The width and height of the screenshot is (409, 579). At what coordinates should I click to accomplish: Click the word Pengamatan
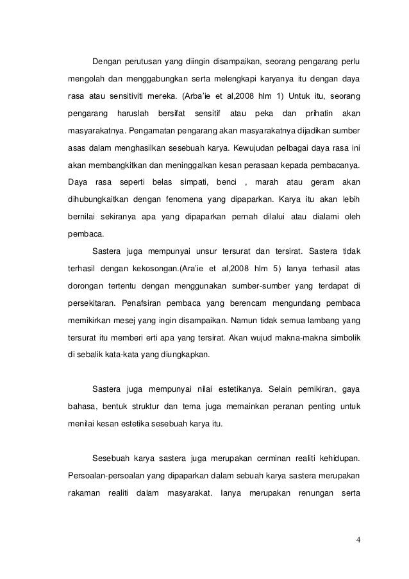point(156,134)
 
